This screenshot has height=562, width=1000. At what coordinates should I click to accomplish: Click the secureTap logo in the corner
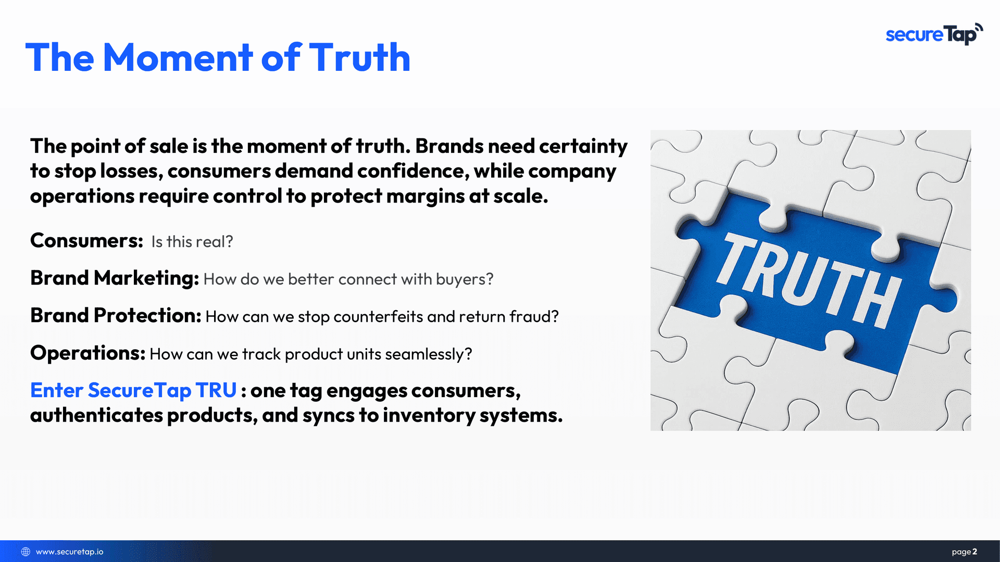tap(934, 34)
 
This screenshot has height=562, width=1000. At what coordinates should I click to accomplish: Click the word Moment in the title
tap(178, 57)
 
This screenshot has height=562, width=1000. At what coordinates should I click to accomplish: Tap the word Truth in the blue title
tap(359, 57)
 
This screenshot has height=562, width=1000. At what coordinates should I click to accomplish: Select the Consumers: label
tap(86, 240)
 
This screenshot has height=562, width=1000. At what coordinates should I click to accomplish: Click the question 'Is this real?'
tap(192, 241)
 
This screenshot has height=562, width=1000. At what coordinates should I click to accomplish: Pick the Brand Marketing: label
tap(115, 278)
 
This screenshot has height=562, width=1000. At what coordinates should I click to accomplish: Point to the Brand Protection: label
tap(116, 315)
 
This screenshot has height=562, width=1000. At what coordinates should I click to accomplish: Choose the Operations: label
tap(87, 353)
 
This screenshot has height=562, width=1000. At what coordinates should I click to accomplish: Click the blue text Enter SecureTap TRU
tap(133, 390)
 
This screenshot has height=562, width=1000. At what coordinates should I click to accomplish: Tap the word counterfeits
tap(378, 316)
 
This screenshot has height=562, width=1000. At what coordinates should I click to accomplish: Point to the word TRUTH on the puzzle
tap(808, 280)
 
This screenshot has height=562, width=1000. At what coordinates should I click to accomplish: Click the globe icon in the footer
tap(26, 552)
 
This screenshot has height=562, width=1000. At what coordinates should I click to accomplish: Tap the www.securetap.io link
tap(70, 552)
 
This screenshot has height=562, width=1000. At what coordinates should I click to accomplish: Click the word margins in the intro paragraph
tap(426, 197)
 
